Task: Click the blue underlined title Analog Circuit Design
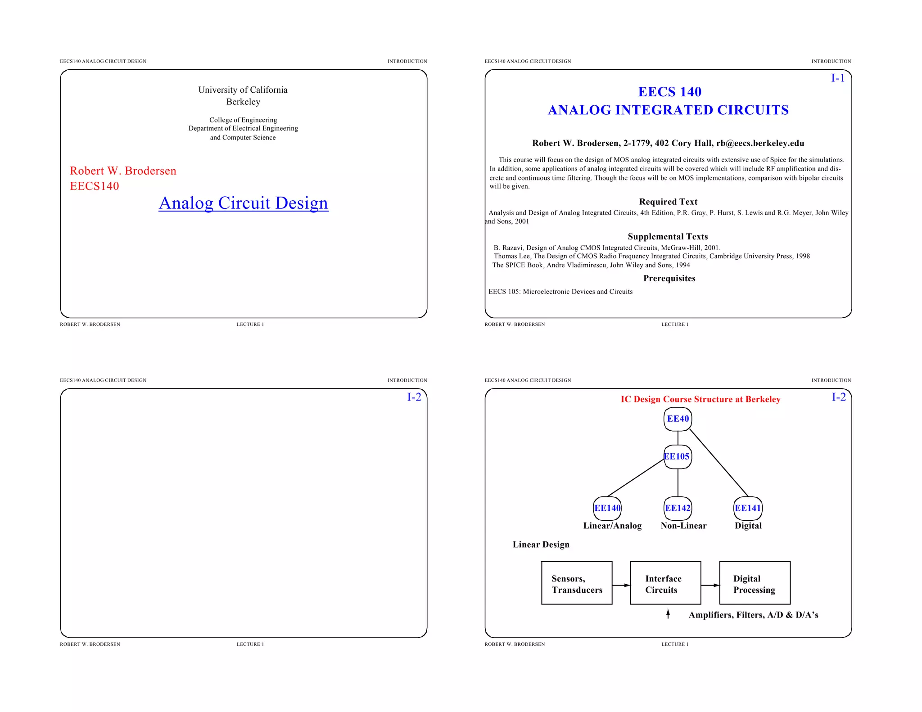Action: (244, 203)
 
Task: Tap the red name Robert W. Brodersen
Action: (123, 171)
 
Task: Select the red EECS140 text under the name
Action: (95, 186)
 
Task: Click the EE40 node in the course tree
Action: (678, 419)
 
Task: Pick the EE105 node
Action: (677, 456)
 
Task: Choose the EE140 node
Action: (607, 508)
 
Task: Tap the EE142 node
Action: (678, 508)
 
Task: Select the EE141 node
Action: (748, 508)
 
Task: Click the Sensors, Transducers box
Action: (577, 583)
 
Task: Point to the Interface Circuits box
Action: (665, 583)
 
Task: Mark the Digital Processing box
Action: (755, 583)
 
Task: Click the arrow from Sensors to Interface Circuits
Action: (621, 585)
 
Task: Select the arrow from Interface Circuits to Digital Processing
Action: (710, 585)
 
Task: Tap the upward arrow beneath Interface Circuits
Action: (668, 613)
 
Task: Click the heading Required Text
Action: (668, 202)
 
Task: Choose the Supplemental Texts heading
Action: (668, 237)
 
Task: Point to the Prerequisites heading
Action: (669, 279)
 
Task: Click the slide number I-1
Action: (837, 78)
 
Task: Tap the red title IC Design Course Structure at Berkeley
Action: (700, 399)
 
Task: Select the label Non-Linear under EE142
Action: (683, 526)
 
